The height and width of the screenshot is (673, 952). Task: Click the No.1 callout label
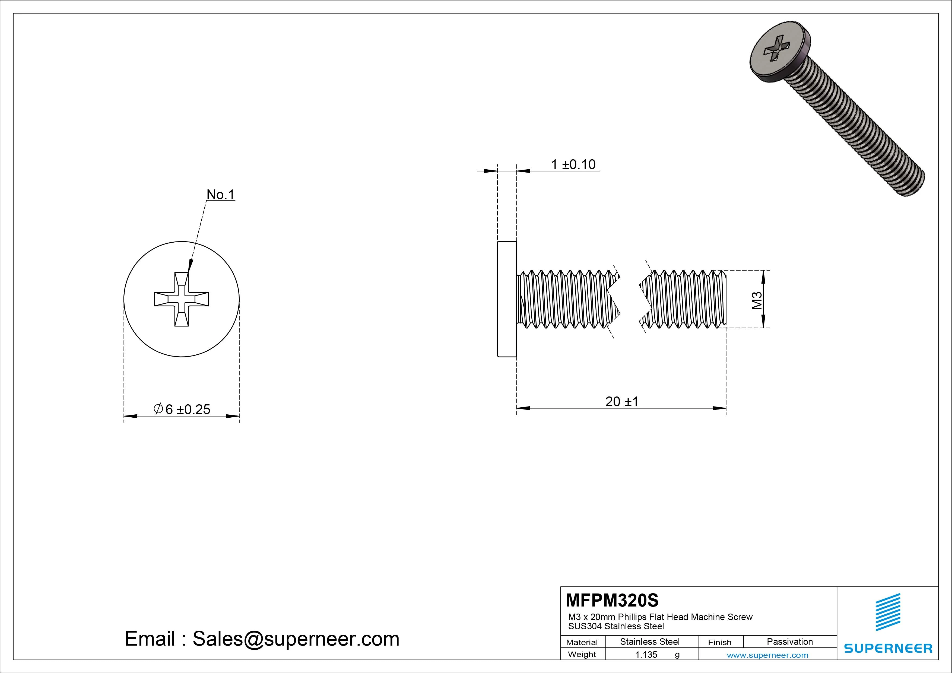tap(221, 195)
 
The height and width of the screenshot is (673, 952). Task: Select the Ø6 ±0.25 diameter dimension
tap(182, 409)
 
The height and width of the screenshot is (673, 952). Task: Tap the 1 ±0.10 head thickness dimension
tap(573, 165)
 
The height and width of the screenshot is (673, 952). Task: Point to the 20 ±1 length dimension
tap(621, 401)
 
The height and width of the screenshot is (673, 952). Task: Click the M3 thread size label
tap(757, 300)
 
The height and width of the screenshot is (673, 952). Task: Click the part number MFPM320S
tap(612, 600)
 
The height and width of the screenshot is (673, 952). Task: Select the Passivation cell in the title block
tap(789, 642)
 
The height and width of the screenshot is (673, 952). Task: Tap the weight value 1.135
tap(646, 654)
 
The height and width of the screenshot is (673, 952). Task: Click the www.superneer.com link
tap(767, 655)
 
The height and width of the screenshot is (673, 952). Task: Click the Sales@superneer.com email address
tap(296, 639)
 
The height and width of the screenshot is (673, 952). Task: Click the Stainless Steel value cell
tap(649, 642)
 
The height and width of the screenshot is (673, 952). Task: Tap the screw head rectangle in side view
tap(507, 299)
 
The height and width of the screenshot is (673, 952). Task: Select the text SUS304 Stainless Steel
tap(616, 626)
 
